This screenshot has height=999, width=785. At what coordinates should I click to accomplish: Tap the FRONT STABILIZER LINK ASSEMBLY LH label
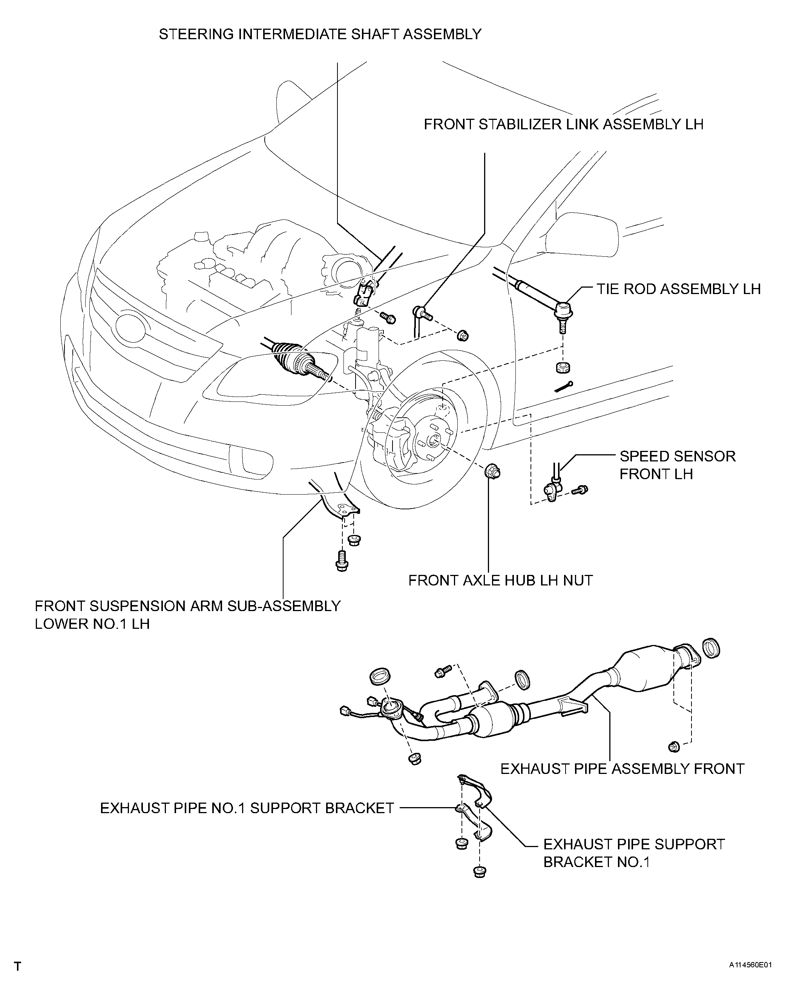(563, 124)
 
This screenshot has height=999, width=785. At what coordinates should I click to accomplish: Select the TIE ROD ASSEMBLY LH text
(679, 289)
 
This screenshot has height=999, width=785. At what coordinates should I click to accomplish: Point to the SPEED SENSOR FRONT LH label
(678, 465)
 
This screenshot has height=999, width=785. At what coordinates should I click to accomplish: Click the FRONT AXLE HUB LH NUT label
(500, 581)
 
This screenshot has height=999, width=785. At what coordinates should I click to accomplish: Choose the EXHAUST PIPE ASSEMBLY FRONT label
(622, 769)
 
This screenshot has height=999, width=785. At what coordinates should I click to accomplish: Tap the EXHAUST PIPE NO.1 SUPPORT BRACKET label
(247, 808)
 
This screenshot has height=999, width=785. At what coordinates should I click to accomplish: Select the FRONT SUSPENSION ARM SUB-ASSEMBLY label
(187, 606)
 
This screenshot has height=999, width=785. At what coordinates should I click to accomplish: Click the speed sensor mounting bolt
(580, 490)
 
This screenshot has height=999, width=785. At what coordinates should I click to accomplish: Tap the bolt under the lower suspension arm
(342, 560)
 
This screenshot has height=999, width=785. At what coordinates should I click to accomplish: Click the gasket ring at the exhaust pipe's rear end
(711, 648)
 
